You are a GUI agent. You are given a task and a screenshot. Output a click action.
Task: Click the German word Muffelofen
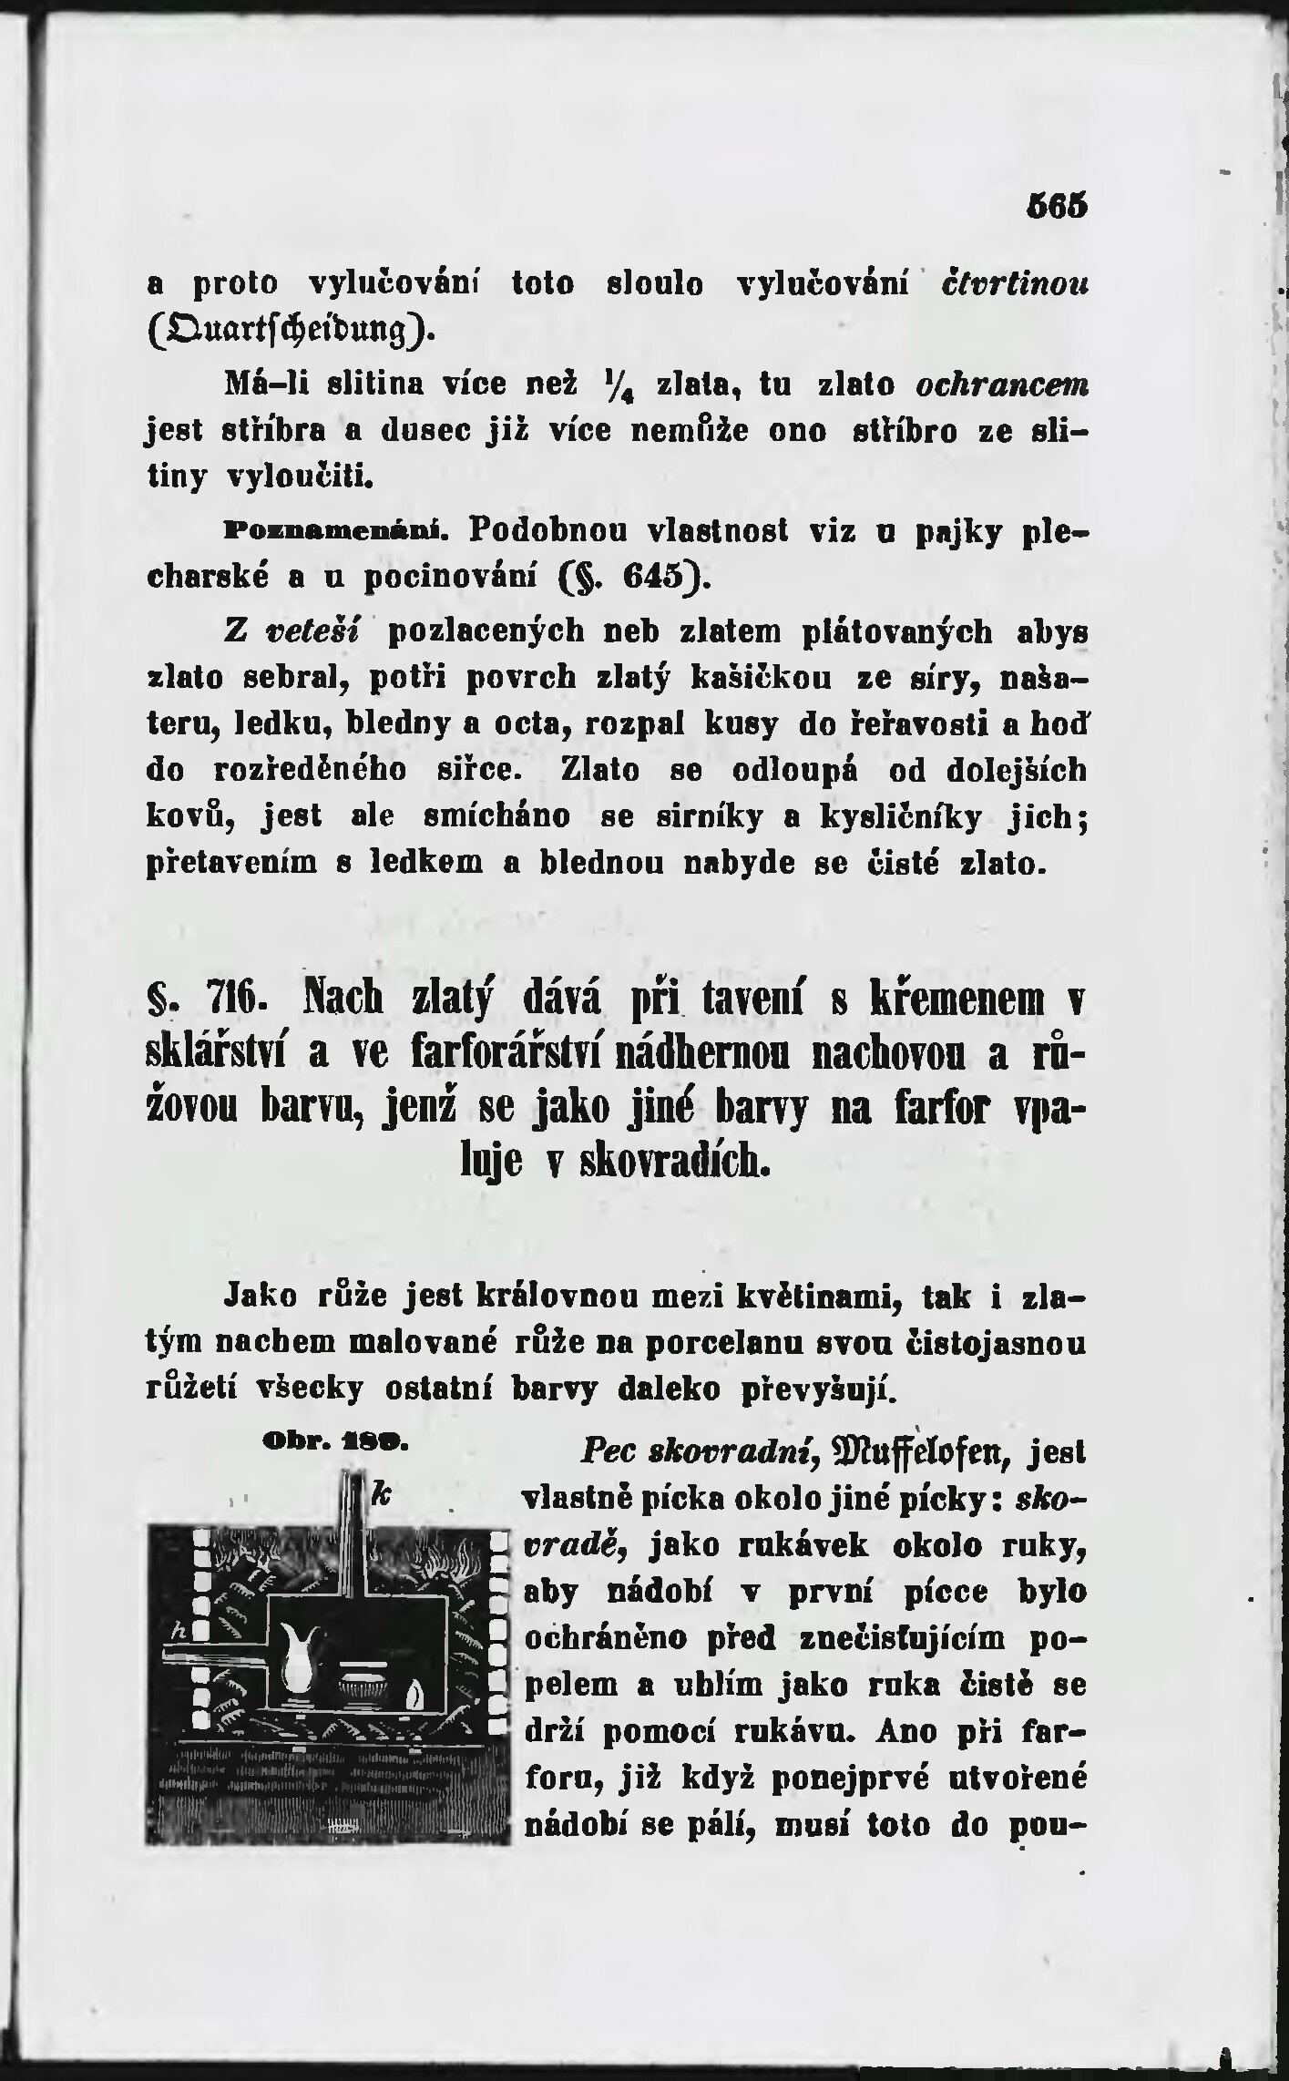[x=920, y=1448]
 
